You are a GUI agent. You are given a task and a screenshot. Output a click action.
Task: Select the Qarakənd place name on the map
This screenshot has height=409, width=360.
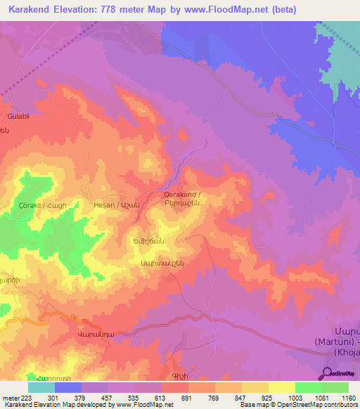182,194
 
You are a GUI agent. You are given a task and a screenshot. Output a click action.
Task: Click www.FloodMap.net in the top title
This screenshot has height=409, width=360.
225,9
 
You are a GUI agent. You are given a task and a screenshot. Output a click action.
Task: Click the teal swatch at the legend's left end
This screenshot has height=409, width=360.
41,387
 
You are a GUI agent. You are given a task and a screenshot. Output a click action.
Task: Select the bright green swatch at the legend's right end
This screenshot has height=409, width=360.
335,387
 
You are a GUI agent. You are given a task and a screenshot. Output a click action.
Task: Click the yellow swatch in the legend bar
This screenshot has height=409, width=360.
281,387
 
